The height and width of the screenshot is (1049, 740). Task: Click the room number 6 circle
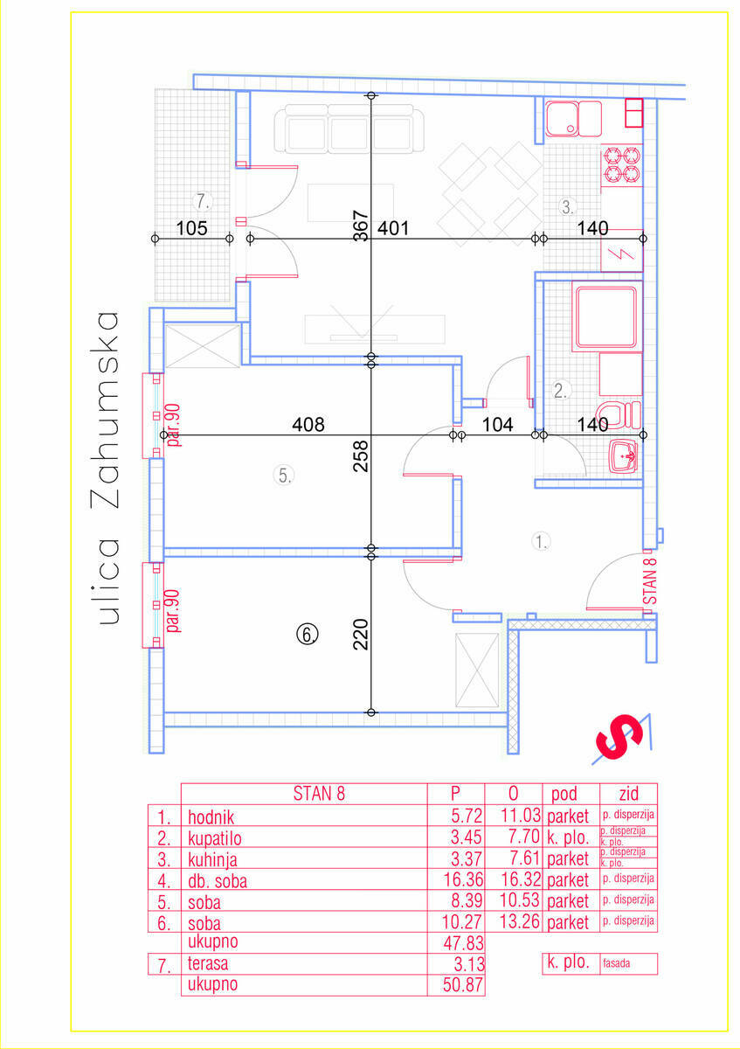308,635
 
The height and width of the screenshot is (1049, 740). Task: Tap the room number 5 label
284,476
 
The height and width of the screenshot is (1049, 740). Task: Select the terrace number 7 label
202,201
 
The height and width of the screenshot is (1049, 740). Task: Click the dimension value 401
393,228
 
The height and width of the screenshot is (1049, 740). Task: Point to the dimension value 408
308,424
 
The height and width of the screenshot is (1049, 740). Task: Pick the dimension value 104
497,424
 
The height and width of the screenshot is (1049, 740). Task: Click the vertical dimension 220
361,635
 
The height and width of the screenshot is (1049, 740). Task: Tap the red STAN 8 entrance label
650,581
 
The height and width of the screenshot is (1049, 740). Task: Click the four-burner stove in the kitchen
621,165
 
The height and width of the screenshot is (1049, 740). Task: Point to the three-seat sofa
349,129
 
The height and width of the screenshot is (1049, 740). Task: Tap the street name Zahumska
105,410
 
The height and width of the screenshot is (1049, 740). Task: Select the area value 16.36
463,879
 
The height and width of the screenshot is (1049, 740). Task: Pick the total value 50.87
463,984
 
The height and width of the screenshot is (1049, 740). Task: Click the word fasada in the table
617,962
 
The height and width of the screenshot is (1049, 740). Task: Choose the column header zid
628,794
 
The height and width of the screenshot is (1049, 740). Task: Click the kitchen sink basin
562,119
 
